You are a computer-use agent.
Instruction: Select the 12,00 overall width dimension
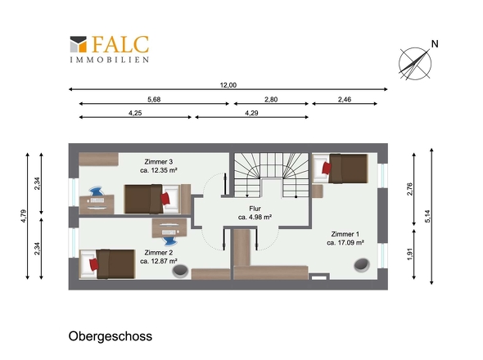click(228, 85)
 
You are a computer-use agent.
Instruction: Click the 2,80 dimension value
click(270, 99)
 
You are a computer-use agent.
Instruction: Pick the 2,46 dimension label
click(344, 99)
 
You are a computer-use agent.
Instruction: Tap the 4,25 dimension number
click(135, 113)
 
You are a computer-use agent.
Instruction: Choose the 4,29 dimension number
click(251, 113)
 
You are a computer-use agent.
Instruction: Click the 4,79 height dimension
click(24, 216)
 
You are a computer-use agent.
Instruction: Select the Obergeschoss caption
click(111, 336)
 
